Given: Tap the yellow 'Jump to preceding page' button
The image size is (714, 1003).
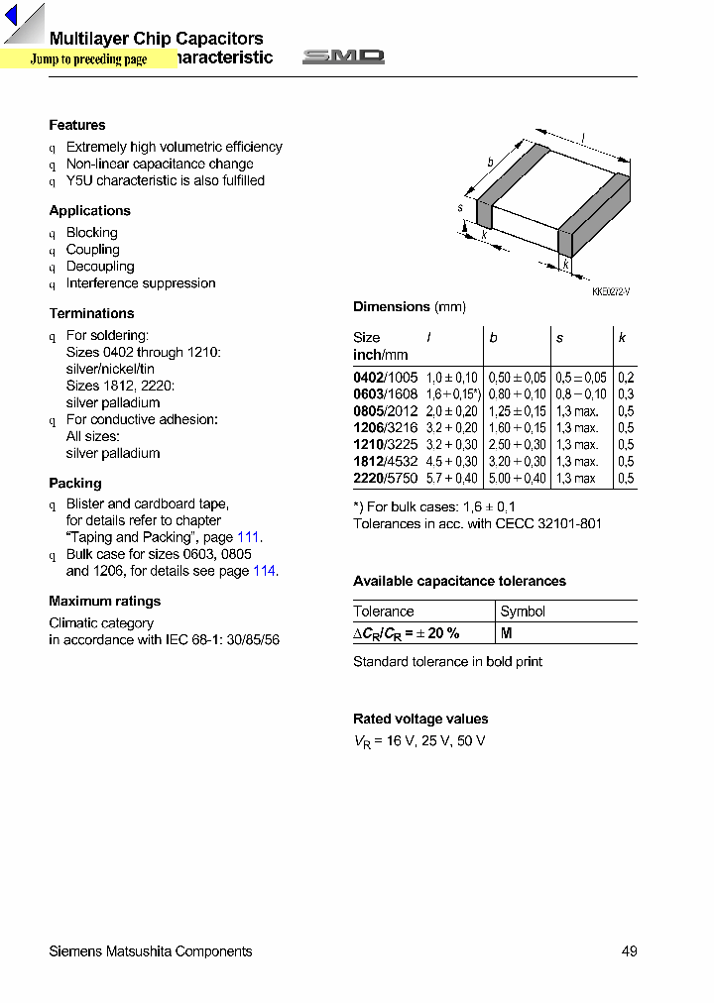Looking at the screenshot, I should pyautogui.click(x=87, y=59).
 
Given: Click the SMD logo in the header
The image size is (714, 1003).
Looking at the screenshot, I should pyautogui.click(x=343, y=57).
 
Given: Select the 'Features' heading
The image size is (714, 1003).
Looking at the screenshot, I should pyautogui.click(x=77, y=125).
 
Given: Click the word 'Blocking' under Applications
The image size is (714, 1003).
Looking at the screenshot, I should pyautogui.click(x=91, y=233).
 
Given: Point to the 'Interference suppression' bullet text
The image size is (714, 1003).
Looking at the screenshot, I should pyautogui.click(x=140, y=283).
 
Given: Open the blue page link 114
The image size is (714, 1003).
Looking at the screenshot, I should pyautogui.click(x=264, y=571).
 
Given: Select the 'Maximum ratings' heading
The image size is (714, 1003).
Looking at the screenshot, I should pyautogui.click(x=104, y=601).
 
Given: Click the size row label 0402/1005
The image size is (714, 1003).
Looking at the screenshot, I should pyautogui.click(x=385, y=378).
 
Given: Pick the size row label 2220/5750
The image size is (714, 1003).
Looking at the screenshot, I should pyautogui.click(x=385, y=479).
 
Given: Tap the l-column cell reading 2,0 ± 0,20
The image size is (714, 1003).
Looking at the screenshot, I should pyautogui.click(x=451, y=411).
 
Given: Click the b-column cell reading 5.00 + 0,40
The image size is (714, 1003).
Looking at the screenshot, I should pyautogui.click(x=517, y=479).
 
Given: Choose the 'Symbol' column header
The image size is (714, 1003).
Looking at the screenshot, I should pyautogui.click(x=523, y=612).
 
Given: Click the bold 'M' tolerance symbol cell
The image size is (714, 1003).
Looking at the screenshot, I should pyautogui.click(x=506, y=633).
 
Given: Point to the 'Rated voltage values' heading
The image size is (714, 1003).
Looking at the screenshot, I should pyautogui.click(x=420, y=719).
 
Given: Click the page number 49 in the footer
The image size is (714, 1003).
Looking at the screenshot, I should pyautogui.click(x=629, y=951).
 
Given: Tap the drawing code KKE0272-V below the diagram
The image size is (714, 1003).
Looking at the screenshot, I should pyautogui.click(x=611, y=291).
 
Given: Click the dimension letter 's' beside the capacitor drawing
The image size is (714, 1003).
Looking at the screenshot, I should pyautogui.click(x=461, y=208).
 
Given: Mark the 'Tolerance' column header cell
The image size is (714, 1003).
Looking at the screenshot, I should pyautogui.click(x=384, y=612).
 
